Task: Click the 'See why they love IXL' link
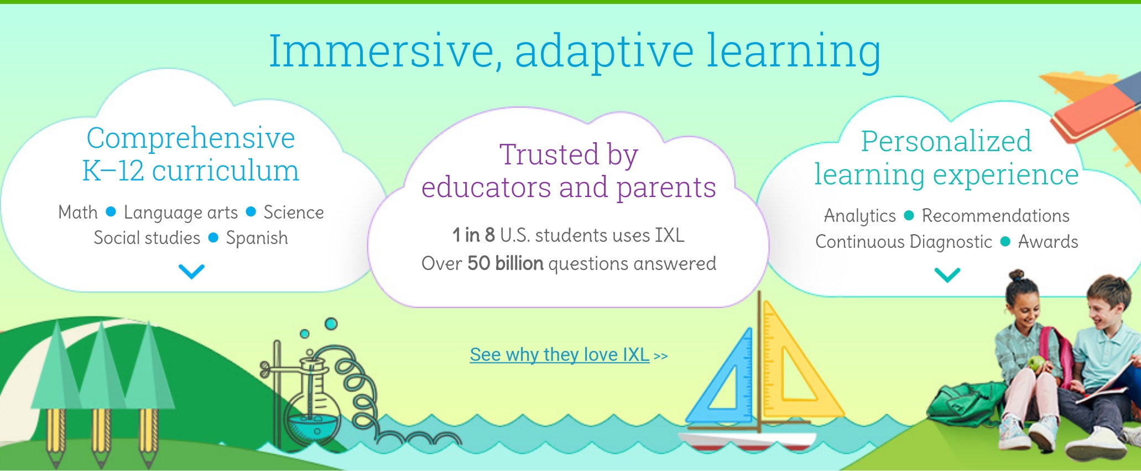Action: (560, 354)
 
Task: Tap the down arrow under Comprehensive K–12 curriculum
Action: (191, 271)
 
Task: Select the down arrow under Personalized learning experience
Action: (947, 275)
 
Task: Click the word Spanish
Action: (257, 238)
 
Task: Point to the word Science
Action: (294, 212)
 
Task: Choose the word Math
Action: (78, 212)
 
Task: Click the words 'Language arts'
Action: (181, 213)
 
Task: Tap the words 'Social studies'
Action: (147, 237)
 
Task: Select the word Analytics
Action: (860, 216)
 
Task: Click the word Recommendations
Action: (996, 215)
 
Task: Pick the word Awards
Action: (1048, 241)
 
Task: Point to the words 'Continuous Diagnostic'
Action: (904, 242)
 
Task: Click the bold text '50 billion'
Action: (506, 263)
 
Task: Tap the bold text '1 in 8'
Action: (473, 235)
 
